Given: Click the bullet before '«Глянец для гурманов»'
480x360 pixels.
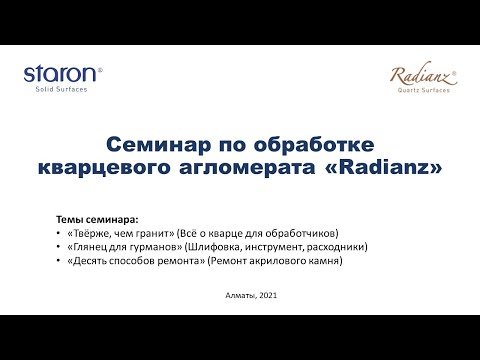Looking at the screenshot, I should point(59,246).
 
